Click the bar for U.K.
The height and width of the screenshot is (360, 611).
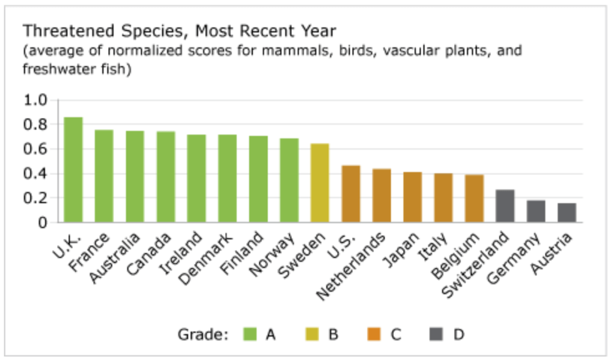(73, 170)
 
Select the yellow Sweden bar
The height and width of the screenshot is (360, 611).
(320, 183)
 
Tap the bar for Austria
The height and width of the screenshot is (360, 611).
(567, 213)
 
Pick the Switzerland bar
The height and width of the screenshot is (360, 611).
(505, 207)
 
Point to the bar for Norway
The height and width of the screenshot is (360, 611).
(289, 180)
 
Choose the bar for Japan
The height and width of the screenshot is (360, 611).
(412, 198)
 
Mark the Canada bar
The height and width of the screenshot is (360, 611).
(166, 177)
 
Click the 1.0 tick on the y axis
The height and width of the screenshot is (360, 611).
(35, 100)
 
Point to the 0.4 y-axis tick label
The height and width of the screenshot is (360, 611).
(35, 174)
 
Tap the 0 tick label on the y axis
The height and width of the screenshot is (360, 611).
(42, 223)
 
